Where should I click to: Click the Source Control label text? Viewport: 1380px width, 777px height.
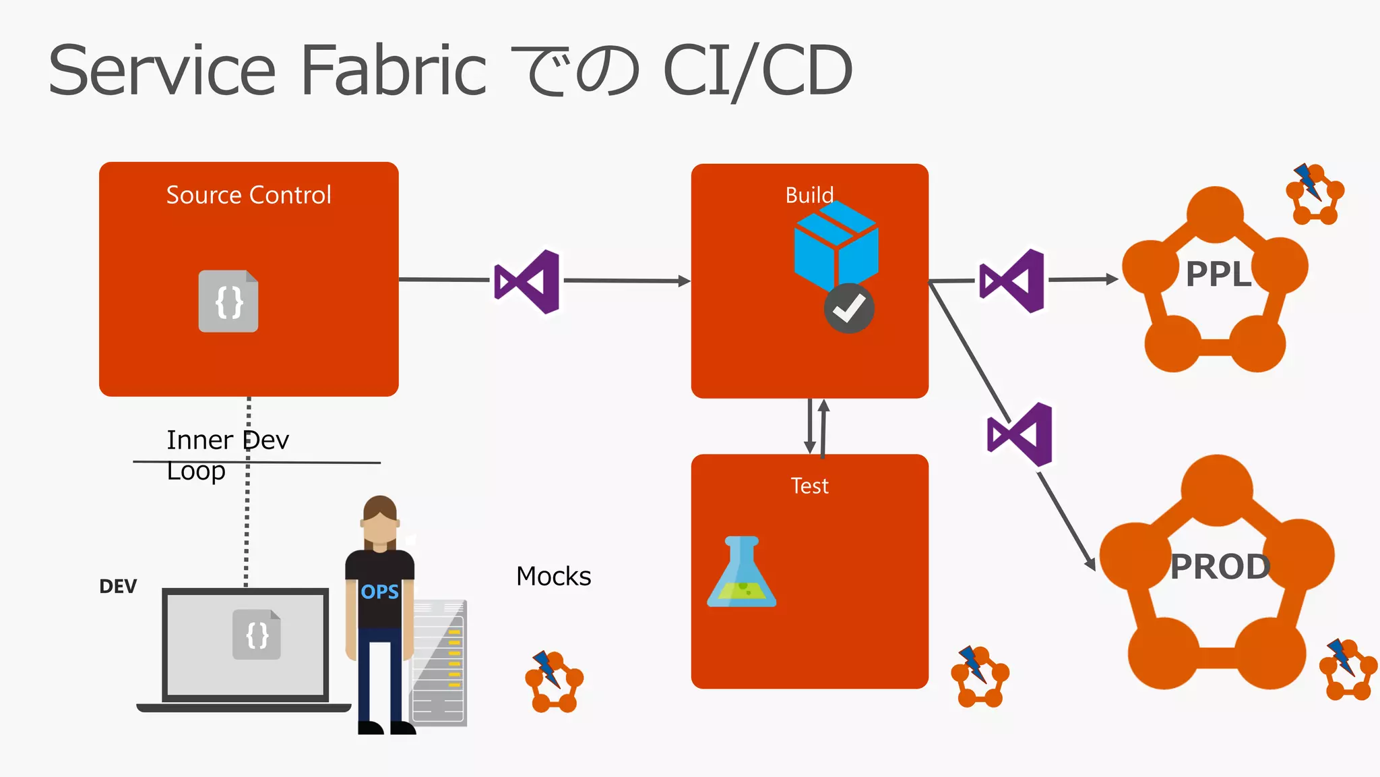tap(249, 195)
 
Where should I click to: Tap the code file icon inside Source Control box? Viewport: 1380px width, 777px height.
tap(228, 301)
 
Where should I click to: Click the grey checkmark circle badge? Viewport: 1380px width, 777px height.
tap(849, 309)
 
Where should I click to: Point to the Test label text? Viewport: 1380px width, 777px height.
tap(809, 486)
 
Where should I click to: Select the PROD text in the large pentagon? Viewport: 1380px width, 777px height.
tap(1220, 567)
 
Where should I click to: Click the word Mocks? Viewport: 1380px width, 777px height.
tap(553, 577)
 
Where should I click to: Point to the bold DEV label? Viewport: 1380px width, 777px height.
tap(118, 586)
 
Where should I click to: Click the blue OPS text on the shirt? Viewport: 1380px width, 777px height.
tap(379, 592)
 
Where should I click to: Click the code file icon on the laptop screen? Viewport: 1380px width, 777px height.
tap(257, 635)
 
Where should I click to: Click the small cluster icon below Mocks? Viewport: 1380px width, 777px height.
tap(554, 681)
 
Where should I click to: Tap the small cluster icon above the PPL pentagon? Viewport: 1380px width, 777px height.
tap(1315, 195)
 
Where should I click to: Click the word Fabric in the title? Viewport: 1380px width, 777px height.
tap(393, 70)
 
